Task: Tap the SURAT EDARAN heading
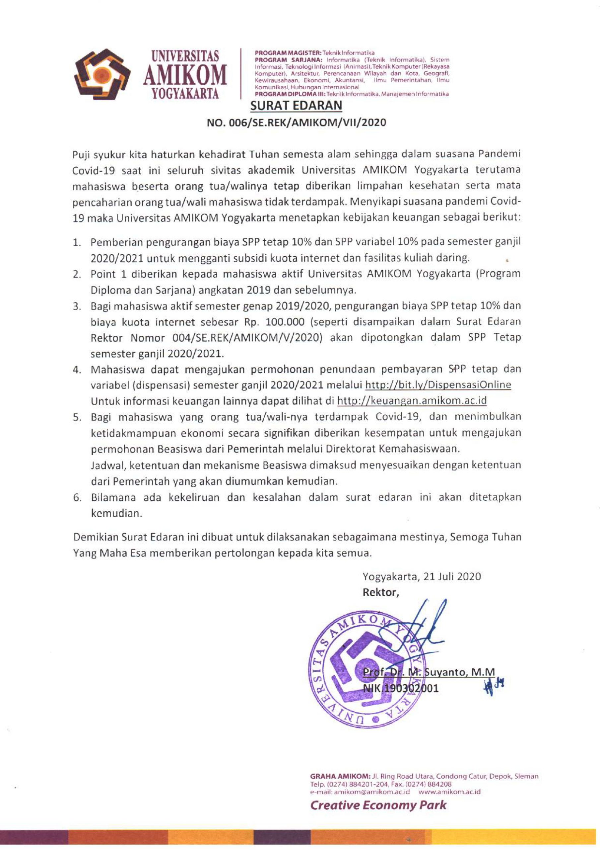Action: (x=296, y=106)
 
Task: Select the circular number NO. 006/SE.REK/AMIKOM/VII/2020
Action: (x=296, y=122)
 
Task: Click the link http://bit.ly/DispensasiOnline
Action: (x=438, y=385)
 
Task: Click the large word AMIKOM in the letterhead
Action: (x=185, y=74)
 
